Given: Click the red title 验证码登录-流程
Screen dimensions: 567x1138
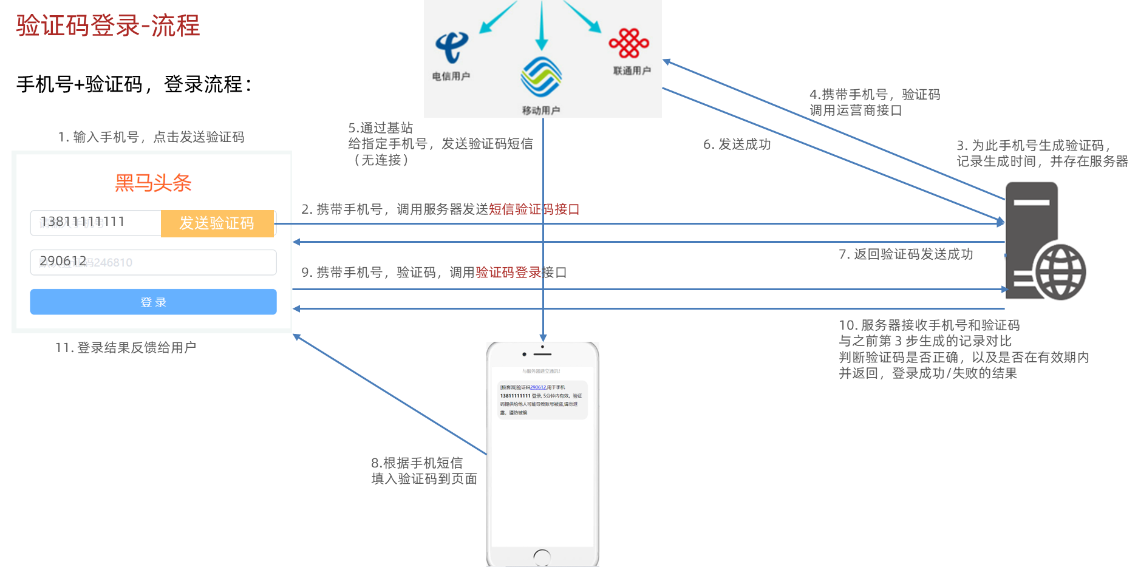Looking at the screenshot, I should tap(108, 25).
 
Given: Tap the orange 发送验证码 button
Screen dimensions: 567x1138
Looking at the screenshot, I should tap(217, 223).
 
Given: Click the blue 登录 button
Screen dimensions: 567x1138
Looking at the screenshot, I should tap(153, 302).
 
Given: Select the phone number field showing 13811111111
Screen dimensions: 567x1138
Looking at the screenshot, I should tap(95, 222).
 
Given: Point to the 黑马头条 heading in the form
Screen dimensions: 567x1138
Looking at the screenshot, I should tap(153, 183).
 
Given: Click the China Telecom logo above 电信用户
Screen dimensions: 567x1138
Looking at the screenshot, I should tap(452, 47).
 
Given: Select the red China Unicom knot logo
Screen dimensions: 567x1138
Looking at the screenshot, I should tap(629, 43).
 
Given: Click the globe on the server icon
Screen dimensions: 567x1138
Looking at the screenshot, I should tap(1060, 272).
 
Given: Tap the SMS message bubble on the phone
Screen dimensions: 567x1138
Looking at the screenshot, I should tap(542, 399).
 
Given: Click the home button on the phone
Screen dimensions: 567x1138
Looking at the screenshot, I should tap(542, 556).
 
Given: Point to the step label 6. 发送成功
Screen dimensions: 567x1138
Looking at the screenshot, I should tap(737, 144).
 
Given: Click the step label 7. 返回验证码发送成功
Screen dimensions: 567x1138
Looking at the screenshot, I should tap(905, 254).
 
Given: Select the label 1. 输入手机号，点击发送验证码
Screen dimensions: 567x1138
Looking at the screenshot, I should tap(151, 137).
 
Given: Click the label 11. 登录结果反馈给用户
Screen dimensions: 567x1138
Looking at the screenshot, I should tap(126, 348).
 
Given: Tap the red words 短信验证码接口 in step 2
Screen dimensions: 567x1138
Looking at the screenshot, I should tap(534, 209).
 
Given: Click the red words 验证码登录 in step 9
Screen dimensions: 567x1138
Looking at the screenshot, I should tap(508, 273).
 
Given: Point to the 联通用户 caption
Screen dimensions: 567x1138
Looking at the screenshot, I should tap(632, 71).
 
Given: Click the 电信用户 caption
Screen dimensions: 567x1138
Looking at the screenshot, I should tap(451, 76).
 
